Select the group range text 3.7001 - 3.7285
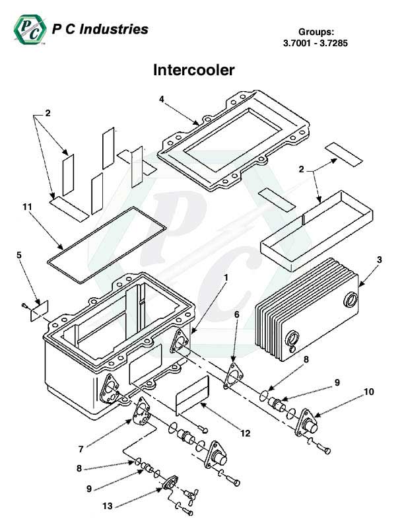pos(314,44)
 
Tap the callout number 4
pos(161,99)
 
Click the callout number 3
pos(379,261)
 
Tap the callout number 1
pos(226,278)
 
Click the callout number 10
pos(368,392)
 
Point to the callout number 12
pos(245,433)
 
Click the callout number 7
pos(81,448)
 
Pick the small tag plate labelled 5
pos(40,310)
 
